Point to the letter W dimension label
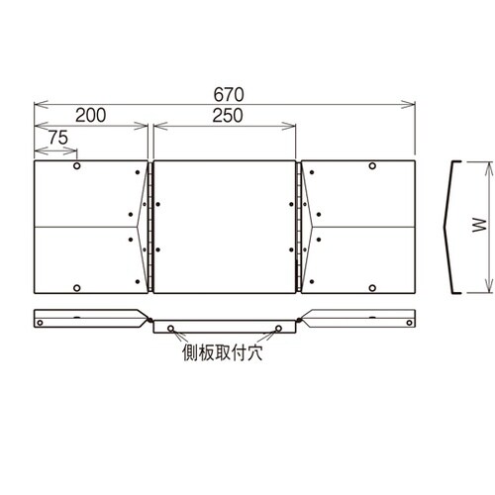tap(477, 227)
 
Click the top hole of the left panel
tap(77, 168)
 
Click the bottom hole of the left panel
tap(77, 287)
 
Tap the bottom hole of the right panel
tap(372, 287)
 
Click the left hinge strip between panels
tap(150, 228)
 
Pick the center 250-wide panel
tap(225, 228)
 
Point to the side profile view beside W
tap(453, 227)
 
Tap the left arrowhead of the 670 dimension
tap(38, 102)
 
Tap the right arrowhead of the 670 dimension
tap(412, 102)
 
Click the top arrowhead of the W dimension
tap(485, 164)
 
